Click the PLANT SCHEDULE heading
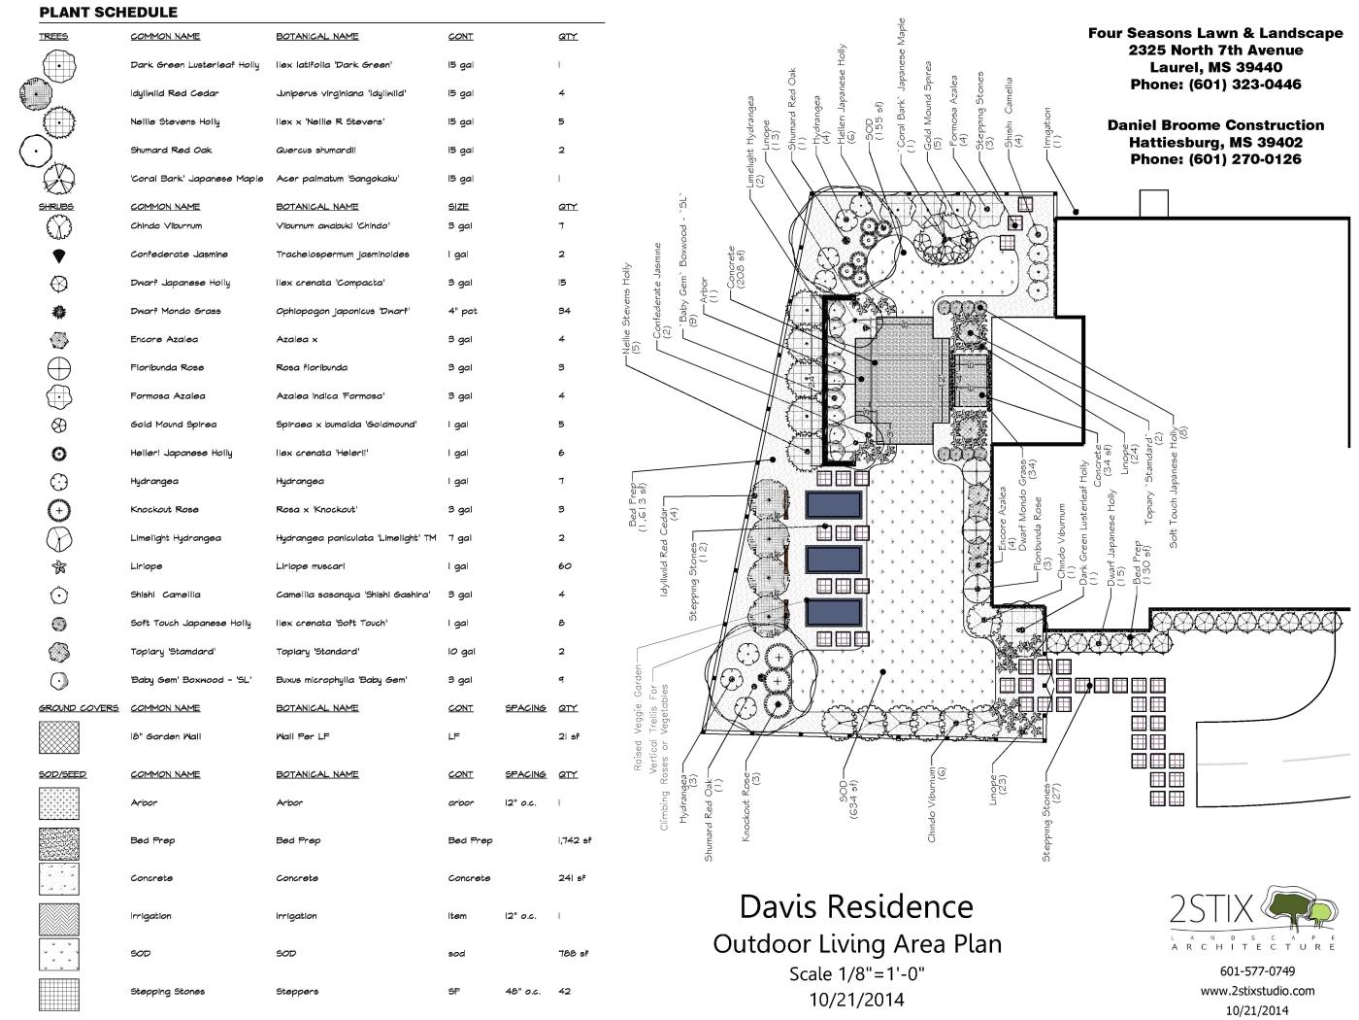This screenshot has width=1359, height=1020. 108,13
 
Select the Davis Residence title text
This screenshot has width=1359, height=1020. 855,906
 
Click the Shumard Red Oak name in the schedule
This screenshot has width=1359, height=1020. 171,151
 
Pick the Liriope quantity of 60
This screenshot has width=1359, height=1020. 565,566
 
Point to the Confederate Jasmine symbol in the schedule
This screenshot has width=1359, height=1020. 59,255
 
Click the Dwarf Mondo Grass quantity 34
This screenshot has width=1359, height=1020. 565,312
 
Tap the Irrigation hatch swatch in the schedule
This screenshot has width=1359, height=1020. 59,916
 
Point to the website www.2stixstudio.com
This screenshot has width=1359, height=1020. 1257,991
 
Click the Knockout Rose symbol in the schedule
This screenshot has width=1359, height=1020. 59,510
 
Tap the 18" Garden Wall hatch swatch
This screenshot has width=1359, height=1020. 59,736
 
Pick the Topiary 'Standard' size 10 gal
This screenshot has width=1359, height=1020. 461,652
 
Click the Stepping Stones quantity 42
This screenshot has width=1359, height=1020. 565,992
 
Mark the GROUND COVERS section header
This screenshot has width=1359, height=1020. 78,708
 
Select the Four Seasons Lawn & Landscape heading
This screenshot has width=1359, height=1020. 1215,33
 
